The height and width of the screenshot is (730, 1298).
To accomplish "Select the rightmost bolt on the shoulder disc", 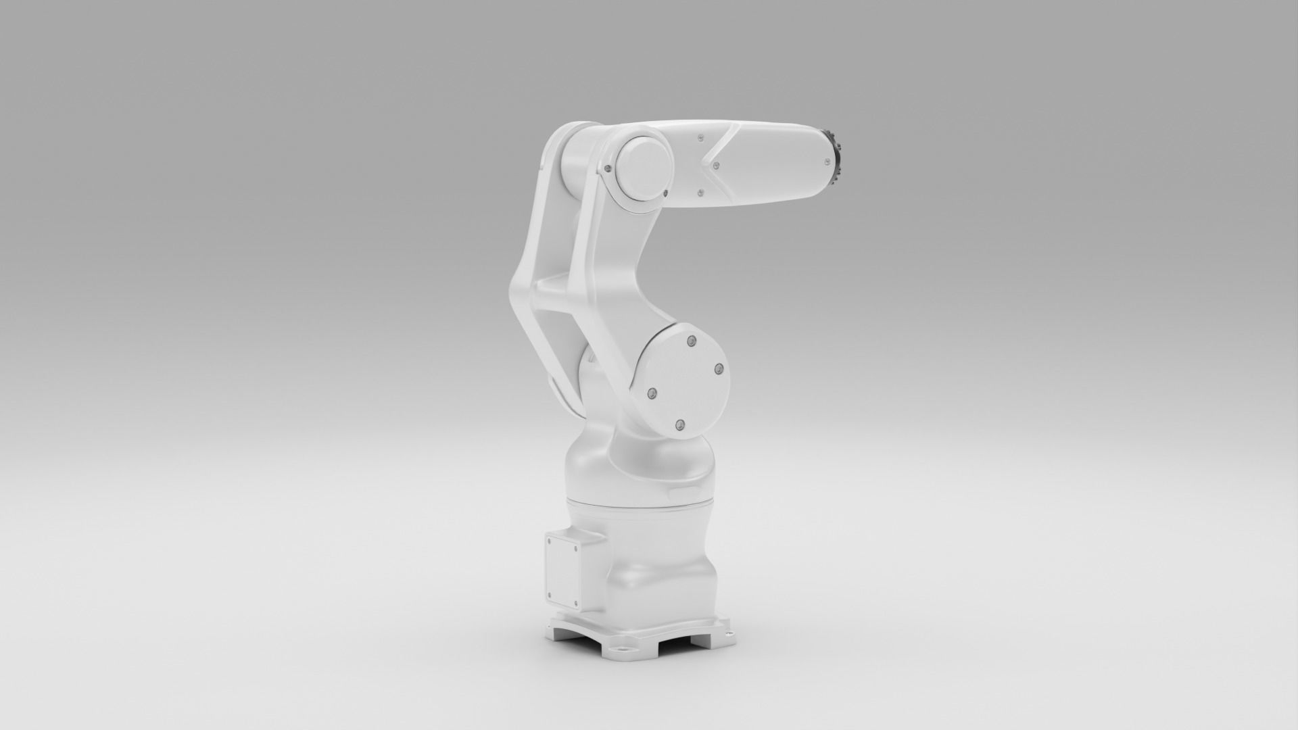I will [x=719, y=368].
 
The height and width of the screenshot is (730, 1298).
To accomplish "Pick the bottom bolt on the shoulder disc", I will [x=680, y=424].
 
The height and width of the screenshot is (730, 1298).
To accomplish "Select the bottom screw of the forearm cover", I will [x=699, y=193].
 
